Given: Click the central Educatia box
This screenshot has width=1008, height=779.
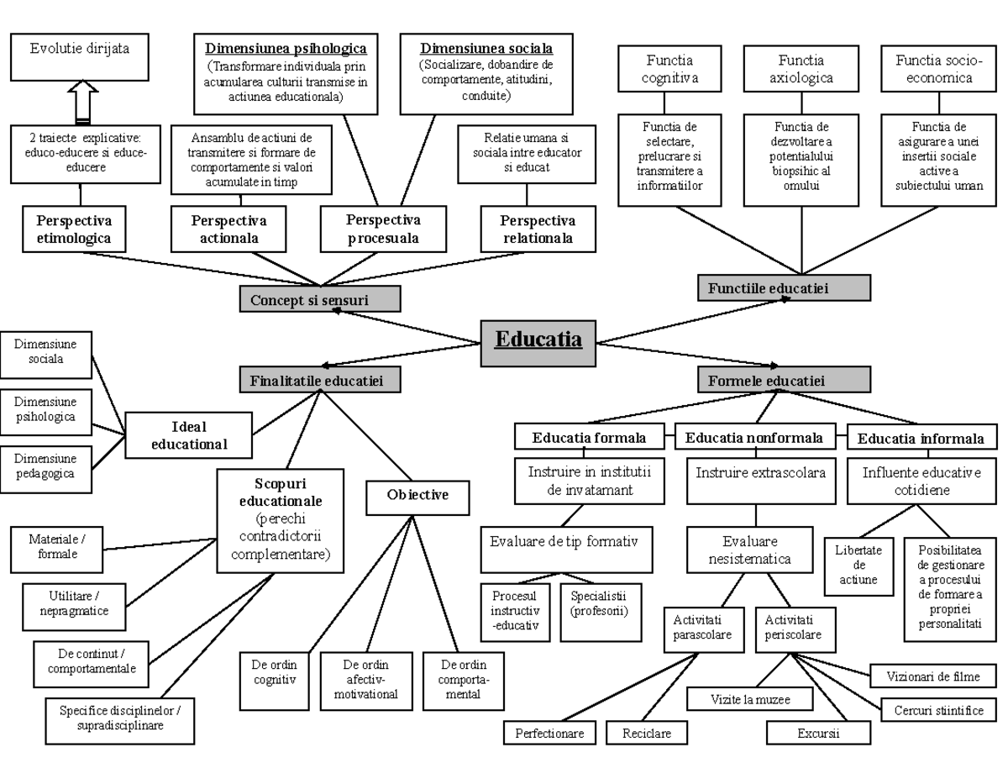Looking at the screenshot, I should [538, 343].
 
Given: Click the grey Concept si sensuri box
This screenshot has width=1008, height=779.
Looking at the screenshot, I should [319, 299].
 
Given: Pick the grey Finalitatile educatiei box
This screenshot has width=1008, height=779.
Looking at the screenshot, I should [319, 381].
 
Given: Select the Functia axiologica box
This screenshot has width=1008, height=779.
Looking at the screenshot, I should [801, 69].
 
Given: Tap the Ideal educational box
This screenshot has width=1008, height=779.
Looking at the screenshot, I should [189, 434].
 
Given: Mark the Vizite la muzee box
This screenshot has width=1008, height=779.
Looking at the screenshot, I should [750, 698].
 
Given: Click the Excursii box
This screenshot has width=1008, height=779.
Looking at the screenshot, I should [818, 733].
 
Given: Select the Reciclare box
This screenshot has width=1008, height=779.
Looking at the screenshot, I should [647, 733].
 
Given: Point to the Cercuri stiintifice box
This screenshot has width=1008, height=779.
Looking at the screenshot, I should [938, 710].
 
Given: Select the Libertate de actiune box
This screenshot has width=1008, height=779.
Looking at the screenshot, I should [858, 567].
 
